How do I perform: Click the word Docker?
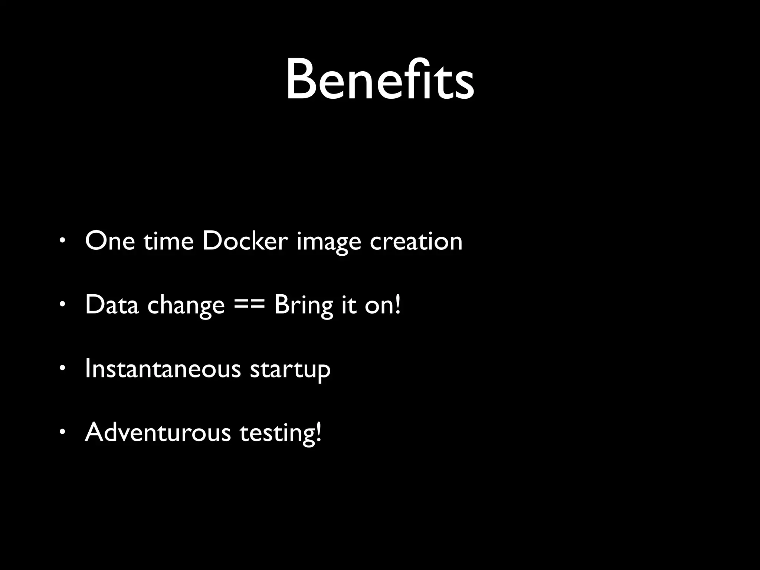tap(245, 241)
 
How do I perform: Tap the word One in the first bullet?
tap(110, 241)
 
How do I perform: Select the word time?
tap(168, 241)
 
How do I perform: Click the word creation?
tap(416, 241)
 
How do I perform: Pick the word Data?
tap(112, 305)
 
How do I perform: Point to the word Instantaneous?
tap(163, 369)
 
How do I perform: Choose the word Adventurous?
tap(158, 433)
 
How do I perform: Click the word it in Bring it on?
tap(349, 305)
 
